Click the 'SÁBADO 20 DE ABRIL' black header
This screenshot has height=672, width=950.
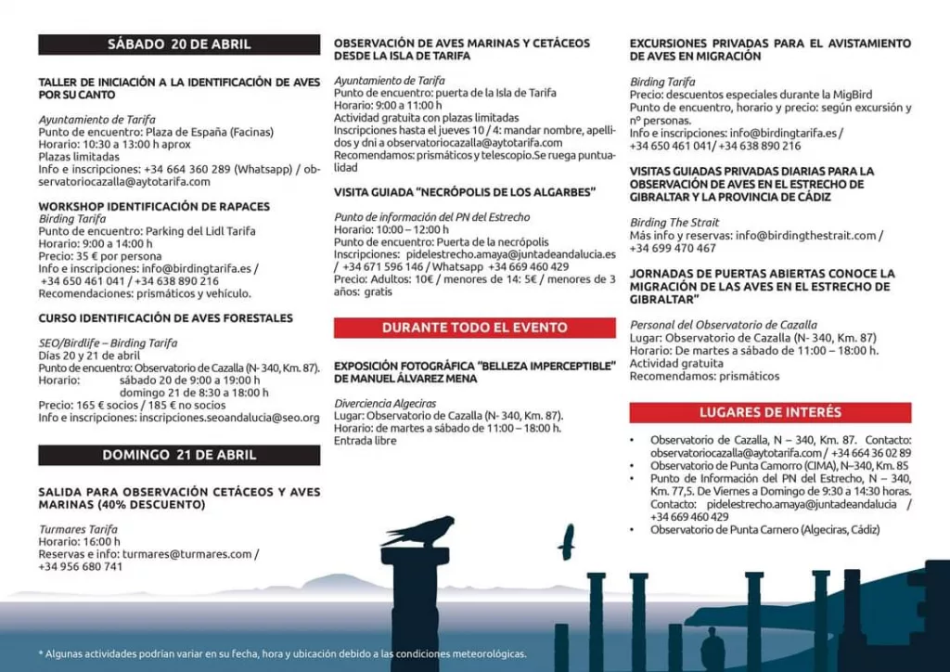179,45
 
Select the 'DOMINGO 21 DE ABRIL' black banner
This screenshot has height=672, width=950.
179,456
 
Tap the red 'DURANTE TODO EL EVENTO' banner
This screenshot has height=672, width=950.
474,328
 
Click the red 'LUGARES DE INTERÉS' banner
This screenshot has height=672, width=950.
770,412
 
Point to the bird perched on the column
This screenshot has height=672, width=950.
418,531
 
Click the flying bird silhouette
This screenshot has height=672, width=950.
566,541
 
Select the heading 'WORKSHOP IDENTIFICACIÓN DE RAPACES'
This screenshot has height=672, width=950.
154,206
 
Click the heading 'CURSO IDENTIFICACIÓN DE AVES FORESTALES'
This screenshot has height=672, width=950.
165,318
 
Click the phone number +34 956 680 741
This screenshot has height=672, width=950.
81,566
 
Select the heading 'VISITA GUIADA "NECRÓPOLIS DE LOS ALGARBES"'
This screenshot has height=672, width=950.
464,192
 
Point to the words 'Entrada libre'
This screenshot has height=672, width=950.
366,441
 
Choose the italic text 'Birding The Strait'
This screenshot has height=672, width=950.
674,223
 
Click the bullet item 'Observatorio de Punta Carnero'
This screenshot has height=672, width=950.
764,529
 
